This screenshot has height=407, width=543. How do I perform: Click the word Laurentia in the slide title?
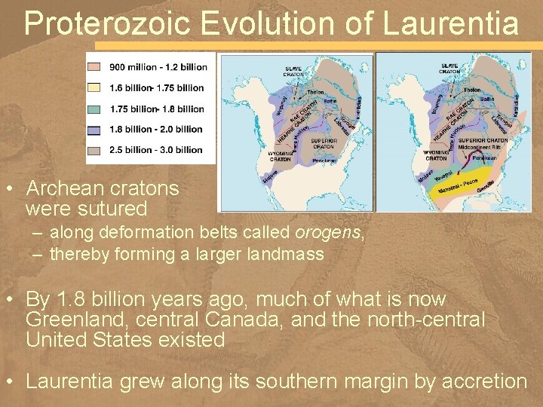(451, 23)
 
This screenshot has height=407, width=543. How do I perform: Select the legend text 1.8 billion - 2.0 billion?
(157, 129)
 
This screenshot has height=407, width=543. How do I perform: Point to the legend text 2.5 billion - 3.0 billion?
(157, 149)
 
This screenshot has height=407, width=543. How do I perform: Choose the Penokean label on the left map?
(324, 161)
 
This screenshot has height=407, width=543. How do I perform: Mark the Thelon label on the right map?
(471, 90)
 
